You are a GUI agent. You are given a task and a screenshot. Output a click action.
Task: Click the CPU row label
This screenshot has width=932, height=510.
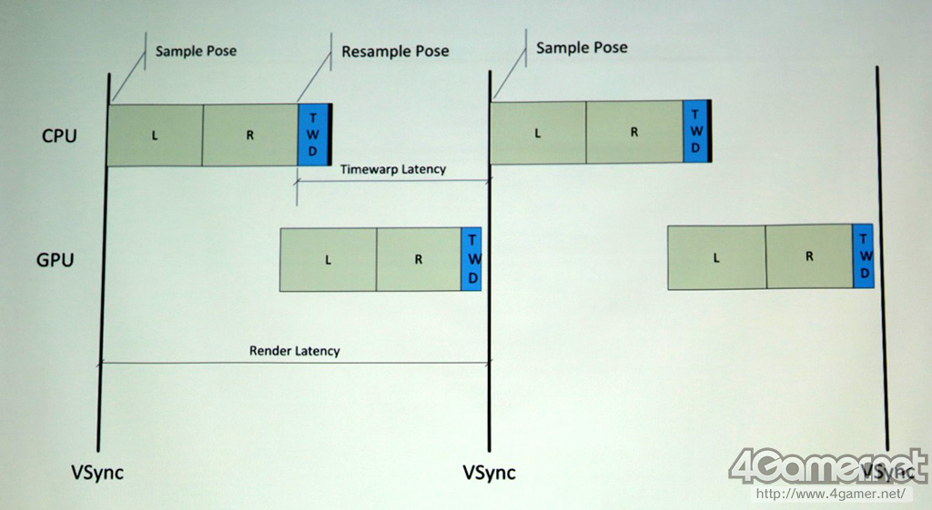(59, 136)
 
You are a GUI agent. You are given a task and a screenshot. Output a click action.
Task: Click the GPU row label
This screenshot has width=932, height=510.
(55, 260)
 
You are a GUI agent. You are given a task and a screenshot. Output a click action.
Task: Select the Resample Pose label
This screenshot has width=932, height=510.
(395, 51)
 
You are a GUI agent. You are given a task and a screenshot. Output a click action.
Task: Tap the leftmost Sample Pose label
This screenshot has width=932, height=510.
(197, 51)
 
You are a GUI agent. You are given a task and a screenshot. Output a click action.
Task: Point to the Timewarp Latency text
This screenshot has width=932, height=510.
(393, 169)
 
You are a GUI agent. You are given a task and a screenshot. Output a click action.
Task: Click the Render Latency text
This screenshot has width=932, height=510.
(294, 350)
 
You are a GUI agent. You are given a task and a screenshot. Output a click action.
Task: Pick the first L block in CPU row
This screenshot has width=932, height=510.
(155, 135)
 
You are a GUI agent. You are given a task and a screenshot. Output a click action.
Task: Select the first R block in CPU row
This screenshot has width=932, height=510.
(249, 135)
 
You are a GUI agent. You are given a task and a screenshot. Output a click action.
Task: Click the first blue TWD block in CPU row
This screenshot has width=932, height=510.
(312, 135)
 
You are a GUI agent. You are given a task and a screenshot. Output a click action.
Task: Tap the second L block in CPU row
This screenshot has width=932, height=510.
(538, 132)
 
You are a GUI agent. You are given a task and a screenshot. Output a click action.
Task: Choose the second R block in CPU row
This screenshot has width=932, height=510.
(634, 132)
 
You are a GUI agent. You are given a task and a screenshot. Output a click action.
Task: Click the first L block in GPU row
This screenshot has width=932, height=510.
(328, 259)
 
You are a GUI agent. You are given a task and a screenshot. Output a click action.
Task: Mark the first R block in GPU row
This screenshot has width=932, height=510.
(419, 259)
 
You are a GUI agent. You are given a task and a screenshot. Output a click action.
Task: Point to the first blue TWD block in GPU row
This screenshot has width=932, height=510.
(471, 259)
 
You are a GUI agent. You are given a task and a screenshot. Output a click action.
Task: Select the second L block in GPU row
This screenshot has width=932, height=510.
(716, 257)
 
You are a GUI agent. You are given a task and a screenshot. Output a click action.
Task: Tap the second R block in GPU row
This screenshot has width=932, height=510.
(808, 257)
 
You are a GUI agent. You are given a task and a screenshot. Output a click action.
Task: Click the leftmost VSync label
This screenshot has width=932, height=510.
(97, 473)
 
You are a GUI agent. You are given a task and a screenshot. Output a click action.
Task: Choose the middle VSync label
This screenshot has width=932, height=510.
(489, 473)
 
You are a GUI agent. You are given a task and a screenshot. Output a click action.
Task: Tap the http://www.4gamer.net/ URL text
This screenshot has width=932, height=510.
(832, 495)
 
